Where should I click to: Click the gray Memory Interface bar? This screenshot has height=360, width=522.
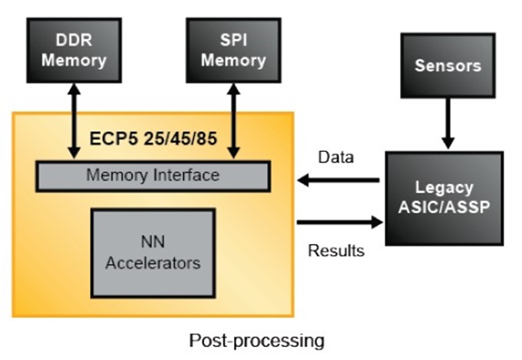[153, 176]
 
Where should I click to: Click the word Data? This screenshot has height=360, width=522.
[335, 159]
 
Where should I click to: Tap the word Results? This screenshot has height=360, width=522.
[335, 250]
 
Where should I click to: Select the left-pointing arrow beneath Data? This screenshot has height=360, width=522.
[339, 181]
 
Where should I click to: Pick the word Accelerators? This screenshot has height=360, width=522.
[153, 263]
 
